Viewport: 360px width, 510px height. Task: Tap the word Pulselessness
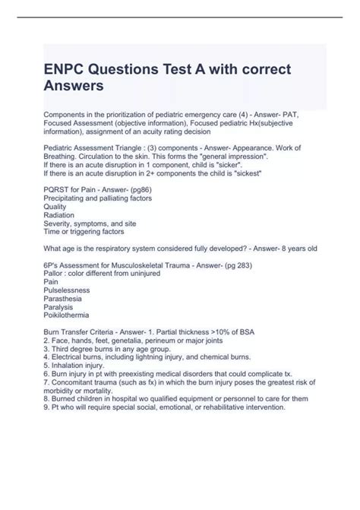tap(66, 290)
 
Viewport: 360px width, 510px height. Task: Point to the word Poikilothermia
tap(66, 315)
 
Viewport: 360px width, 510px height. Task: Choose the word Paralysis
tap(58, 306)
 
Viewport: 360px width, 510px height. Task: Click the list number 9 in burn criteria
tap(46, 406)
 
